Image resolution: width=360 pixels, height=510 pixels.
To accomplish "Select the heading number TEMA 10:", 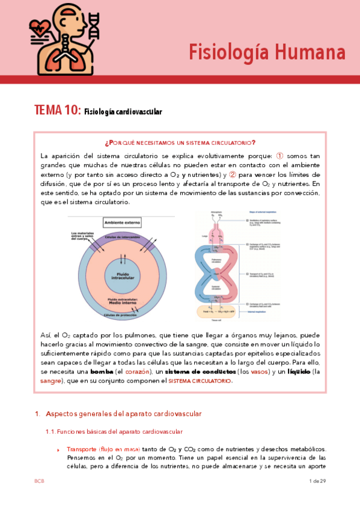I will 57,110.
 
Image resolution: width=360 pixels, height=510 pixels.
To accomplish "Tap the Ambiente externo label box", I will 123,221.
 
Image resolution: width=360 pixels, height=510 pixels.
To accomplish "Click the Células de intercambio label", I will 123,238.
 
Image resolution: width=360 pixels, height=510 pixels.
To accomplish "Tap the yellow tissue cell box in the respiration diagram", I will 219,312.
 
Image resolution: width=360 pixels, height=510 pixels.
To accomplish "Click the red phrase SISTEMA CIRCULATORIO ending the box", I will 200,381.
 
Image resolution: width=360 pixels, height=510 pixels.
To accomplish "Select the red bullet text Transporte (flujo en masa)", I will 103,449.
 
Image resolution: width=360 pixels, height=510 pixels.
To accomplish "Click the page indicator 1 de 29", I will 317,481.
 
